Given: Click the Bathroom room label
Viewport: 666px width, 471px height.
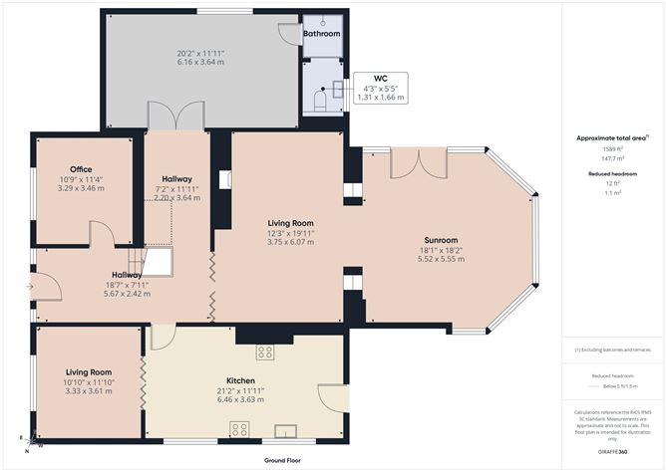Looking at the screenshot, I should (322, 34).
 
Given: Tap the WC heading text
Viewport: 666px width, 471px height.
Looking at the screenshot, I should (380, 78).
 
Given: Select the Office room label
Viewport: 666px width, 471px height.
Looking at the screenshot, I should (81, 169).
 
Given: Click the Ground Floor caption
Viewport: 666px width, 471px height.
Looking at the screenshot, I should (284, 461).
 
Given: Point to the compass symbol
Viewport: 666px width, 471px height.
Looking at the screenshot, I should (30, 439).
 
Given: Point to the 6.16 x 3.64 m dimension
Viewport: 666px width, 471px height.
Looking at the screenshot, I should (198, 63).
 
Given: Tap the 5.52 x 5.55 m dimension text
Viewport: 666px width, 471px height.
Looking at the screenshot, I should (440, 259).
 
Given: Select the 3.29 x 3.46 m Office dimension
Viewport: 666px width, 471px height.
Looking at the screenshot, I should (81, 188).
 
